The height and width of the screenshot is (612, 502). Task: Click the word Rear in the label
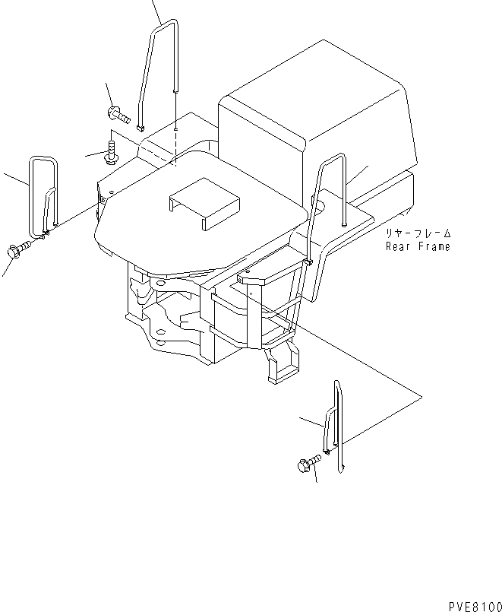coord(399,246)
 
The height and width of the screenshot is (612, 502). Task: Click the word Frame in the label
coord(434,246)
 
